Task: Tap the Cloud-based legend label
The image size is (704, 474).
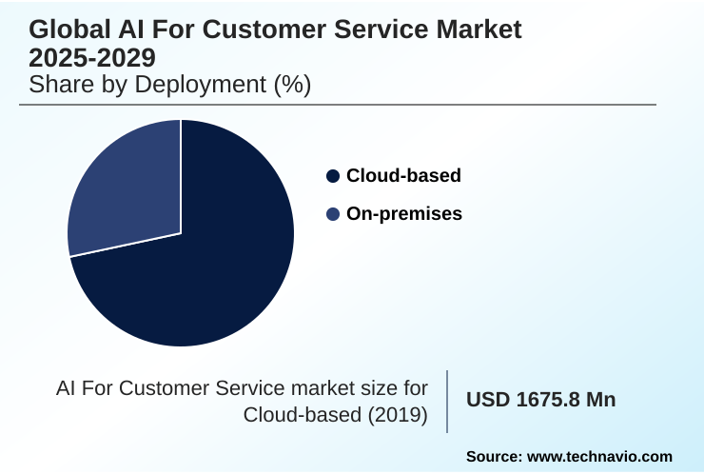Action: [x=403, y=175]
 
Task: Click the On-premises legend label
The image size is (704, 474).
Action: [x=403, y=214]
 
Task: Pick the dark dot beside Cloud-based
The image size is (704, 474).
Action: [x=333, y=176]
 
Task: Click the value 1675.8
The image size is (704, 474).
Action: [x=549, y=401]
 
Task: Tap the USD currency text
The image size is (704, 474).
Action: [x=488, y=401]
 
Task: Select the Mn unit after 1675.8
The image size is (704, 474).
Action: [x=601, y=401]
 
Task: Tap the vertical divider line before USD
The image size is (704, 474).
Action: [x=447, y=401]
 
